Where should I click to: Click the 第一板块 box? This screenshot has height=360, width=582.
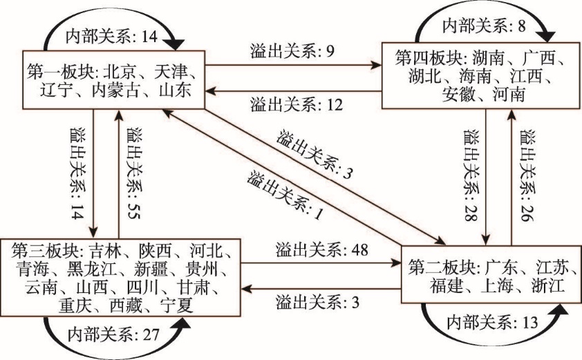tap(113, 79)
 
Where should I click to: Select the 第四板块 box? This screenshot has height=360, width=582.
tap(482, 76)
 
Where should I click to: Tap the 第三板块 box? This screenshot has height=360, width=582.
tap(120, 278)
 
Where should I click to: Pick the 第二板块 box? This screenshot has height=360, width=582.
tap(491, 274)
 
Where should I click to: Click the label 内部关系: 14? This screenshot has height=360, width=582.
tap(112, 37)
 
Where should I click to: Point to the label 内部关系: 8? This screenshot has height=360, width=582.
tap(484, 26)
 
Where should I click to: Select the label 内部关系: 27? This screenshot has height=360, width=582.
tap(113, 335)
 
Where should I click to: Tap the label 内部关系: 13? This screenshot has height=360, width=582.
tap(492, 323)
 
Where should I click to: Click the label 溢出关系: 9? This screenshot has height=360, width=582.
tap(292, 51)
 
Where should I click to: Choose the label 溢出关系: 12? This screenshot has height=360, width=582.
tap(297, 105)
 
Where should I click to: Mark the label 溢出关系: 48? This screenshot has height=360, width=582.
tap(322, 249)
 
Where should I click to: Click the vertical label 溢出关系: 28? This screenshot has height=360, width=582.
tap(471, 176)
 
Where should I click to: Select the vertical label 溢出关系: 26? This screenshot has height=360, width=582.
tap(527, 176)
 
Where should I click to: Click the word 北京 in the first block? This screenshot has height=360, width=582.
tap(119, 72)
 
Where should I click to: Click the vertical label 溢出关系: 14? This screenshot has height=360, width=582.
tap(77, 173)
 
